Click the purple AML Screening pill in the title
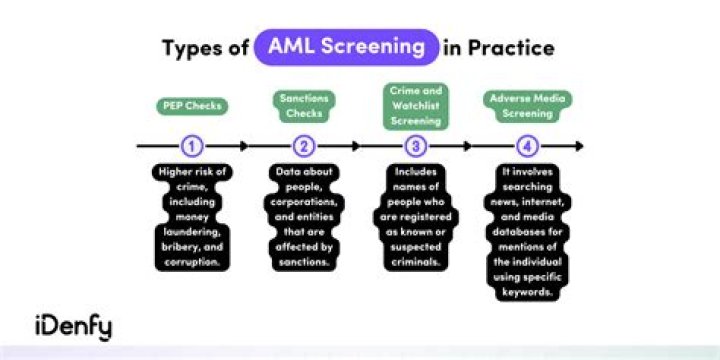pyautogui.click(x=347, y=47)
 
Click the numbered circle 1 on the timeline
pyautogui.click(x=192, y=146)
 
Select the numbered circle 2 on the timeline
pyautogui.click(x=304, y=146)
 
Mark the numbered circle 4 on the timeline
pyautogui.click(x=527, y=146)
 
